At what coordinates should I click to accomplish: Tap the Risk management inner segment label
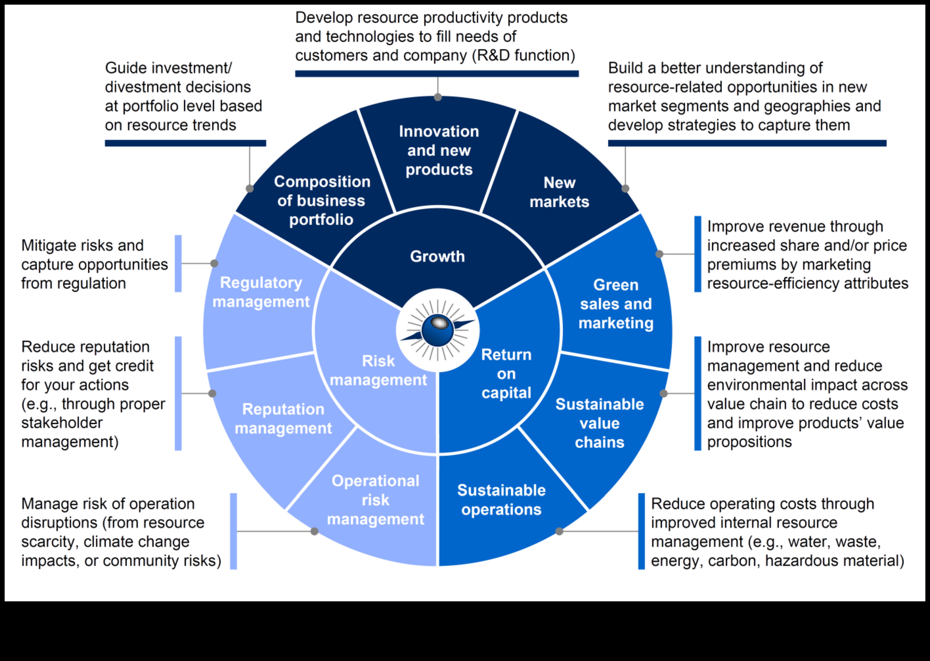click(378, 370)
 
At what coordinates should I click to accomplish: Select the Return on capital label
click(506, 374)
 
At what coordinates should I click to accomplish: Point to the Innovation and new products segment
click(439, 151)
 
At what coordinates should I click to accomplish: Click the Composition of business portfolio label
click(322, 201)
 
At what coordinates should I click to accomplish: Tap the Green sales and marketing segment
click(616, 304)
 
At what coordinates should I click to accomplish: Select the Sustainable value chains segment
click(599, 423)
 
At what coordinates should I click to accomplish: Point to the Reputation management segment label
click(283, 419)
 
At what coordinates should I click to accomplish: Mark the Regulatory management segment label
click(261, 292)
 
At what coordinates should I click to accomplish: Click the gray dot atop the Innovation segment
click(438, 97)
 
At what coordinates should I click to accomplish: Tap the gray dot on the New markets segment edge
click(625, 189)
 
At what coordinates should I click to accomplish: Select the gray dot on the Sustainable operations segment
click(559, 531)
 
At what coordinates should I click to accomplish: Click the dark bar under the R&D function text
click(437, 74)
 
